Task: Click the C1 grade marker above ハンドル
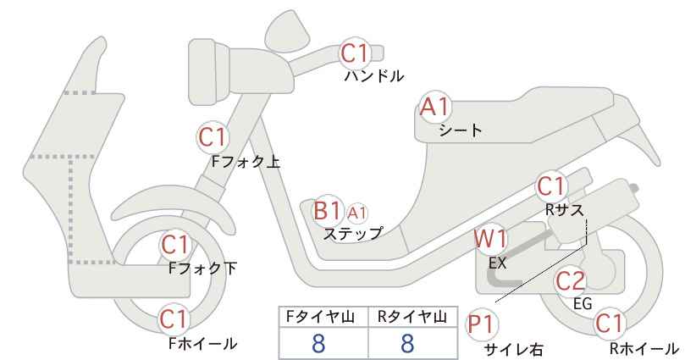click(x=354, y=53)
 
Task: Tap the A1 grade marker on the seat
click(x=435, y=108)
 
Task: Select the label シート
click(x=461, y=130)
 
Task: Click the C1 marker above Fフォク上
click(x=213, y=137)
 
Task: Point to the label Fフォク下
click(x=202, y=269)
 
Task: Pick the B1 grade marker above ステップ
click(x=327, y=211)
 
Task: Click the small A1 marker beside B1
click(x=357, y=213)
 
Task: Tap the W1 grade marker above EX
click(x=490, y=240)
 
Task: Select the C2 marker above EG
click(x=571, y=281)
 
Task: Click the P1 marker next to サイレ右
click(x=481, y=325)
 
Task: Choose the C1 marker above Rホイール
click(x=609, y=324)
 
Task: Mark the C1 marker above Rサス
click(x=550, y=186)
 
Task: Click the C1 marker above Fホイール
click(x=175, y=319)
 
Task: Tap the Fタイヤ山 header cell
click(x=323, y=317)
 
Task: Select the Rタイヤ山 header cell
click(x=413, y=317)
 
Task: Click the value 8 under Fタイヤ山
click(x=318, y=343)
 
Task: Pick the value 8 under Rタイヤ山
click(x=407, y=343)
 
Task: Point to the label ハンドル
click(x=374, y=76)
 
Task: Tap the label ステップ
click(x=353, y=233)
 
